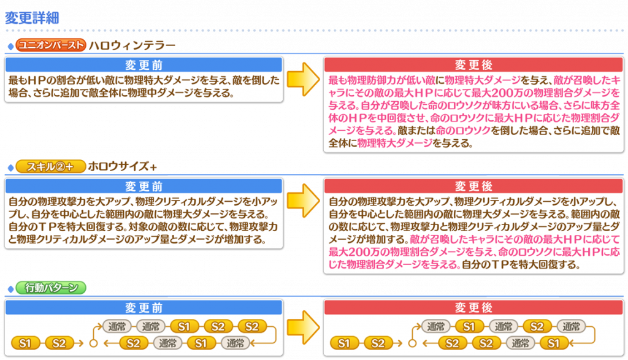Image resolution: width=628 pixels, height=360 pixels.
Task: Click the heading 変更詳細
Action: pos(32,18)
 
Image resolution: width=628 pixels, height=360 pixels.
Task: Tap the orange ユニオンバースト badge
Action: pos(51,45)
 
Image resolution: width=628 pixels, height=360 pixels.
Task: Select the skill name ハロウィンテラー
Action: pos(132,45)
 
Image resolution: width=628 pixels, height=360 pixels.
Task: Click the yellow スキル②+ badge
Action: pos(50,166)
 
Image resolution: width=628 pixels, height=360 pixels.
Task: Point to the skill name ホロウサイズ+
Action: pos(122,166)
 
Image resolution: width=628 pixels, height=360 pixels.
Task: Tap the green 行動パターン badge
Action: pos(51,288)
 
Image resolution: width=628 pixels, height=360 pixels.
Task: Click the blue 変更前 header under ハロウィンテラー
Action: pos(144,64)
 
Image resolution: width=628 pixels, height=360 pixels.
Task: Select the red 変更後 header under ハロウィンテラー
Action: pos(473,64)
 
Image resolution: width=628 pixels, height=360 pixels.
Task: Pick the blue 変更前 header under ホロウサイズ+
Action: pos(144,186)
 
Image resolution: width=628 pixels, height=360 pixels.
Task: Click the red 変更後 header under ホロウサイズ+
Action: pos(473,186)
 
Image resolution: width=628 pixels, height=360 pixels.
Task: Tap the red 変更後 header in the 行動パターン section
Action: pos(473,307)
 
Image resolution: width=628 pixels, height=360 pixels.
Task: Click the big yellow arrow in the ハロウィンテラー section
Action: pos(303,79)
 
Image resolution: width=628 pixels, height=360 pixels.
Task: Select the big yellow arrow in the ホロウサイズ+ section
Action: pos(303,200)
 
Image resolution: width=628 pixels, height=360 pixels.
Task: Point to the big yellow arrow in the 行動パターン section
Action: pos(303,327)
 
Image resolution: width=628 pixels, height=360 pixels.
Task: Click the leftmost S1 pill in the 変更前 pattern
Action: pos(25,343)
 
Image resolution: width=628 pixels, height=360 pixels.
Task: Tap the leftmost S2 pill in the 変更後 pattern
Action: pos(378,343)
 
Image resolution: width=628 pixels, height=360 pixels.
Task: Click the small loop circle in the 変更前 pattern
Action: pos(94,343)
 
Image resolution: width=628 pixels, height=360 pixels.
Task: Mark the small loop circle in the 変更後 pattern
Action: pos(413,343)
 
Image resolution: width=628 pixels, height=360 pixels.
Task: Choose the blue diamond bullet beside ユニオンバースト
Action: pos(11,47)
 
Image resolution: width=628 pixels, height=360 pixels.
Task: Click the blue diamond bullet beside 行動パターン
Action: pos(11,289)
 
